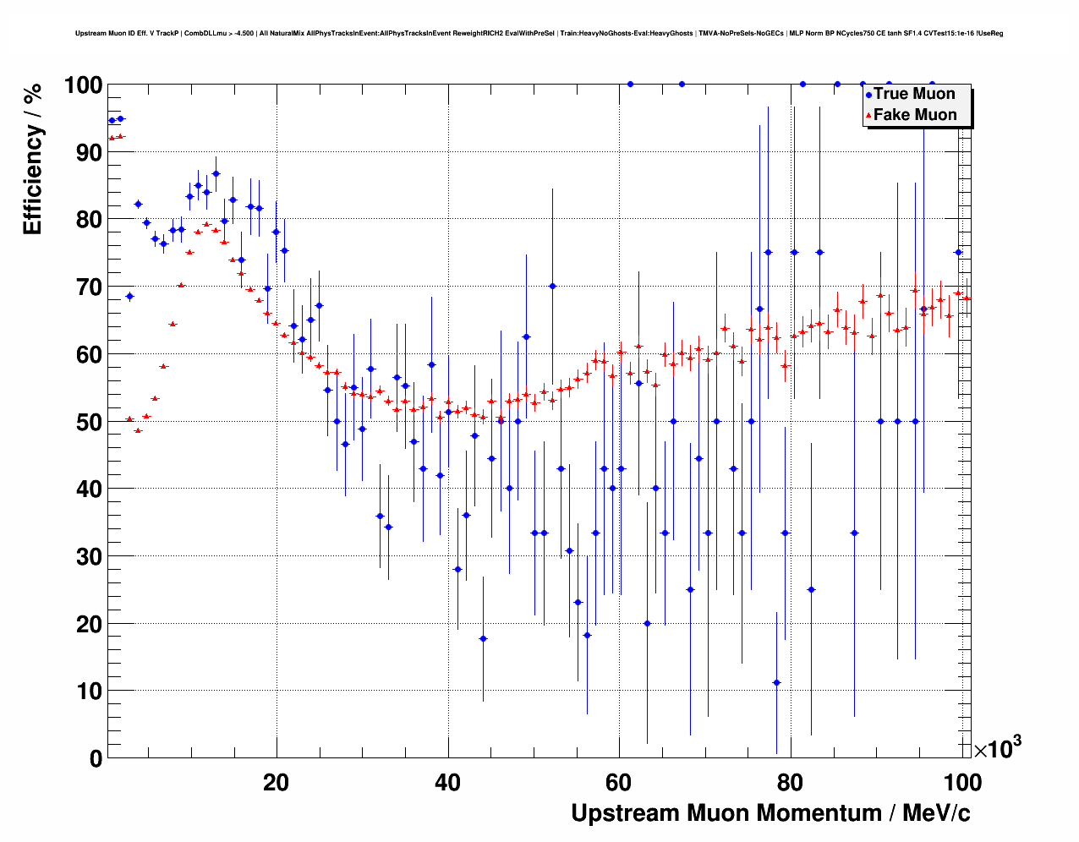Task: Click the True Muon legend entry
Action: pos(913,94)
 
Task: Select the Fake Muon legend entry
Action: pos(914,115)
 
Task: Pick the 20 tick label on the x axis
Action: pos(276,782)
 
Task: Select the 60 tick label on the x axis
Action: pos(619,782)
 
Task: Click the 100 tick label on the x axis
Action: pos(962,782)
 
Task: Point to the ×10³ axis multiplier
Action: pos(998,748)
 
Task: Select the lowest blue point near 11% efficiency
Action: pos(776,683)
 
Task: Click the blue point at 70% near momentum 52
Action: pos(552,286)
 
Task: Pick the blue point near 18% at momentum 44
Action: pos(483,638)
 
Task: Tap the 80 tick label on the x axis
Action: pos(791,782)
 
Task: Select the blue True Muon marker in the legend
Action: pos(868,95)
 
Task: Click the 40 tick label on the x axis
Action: pos(447,782)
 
